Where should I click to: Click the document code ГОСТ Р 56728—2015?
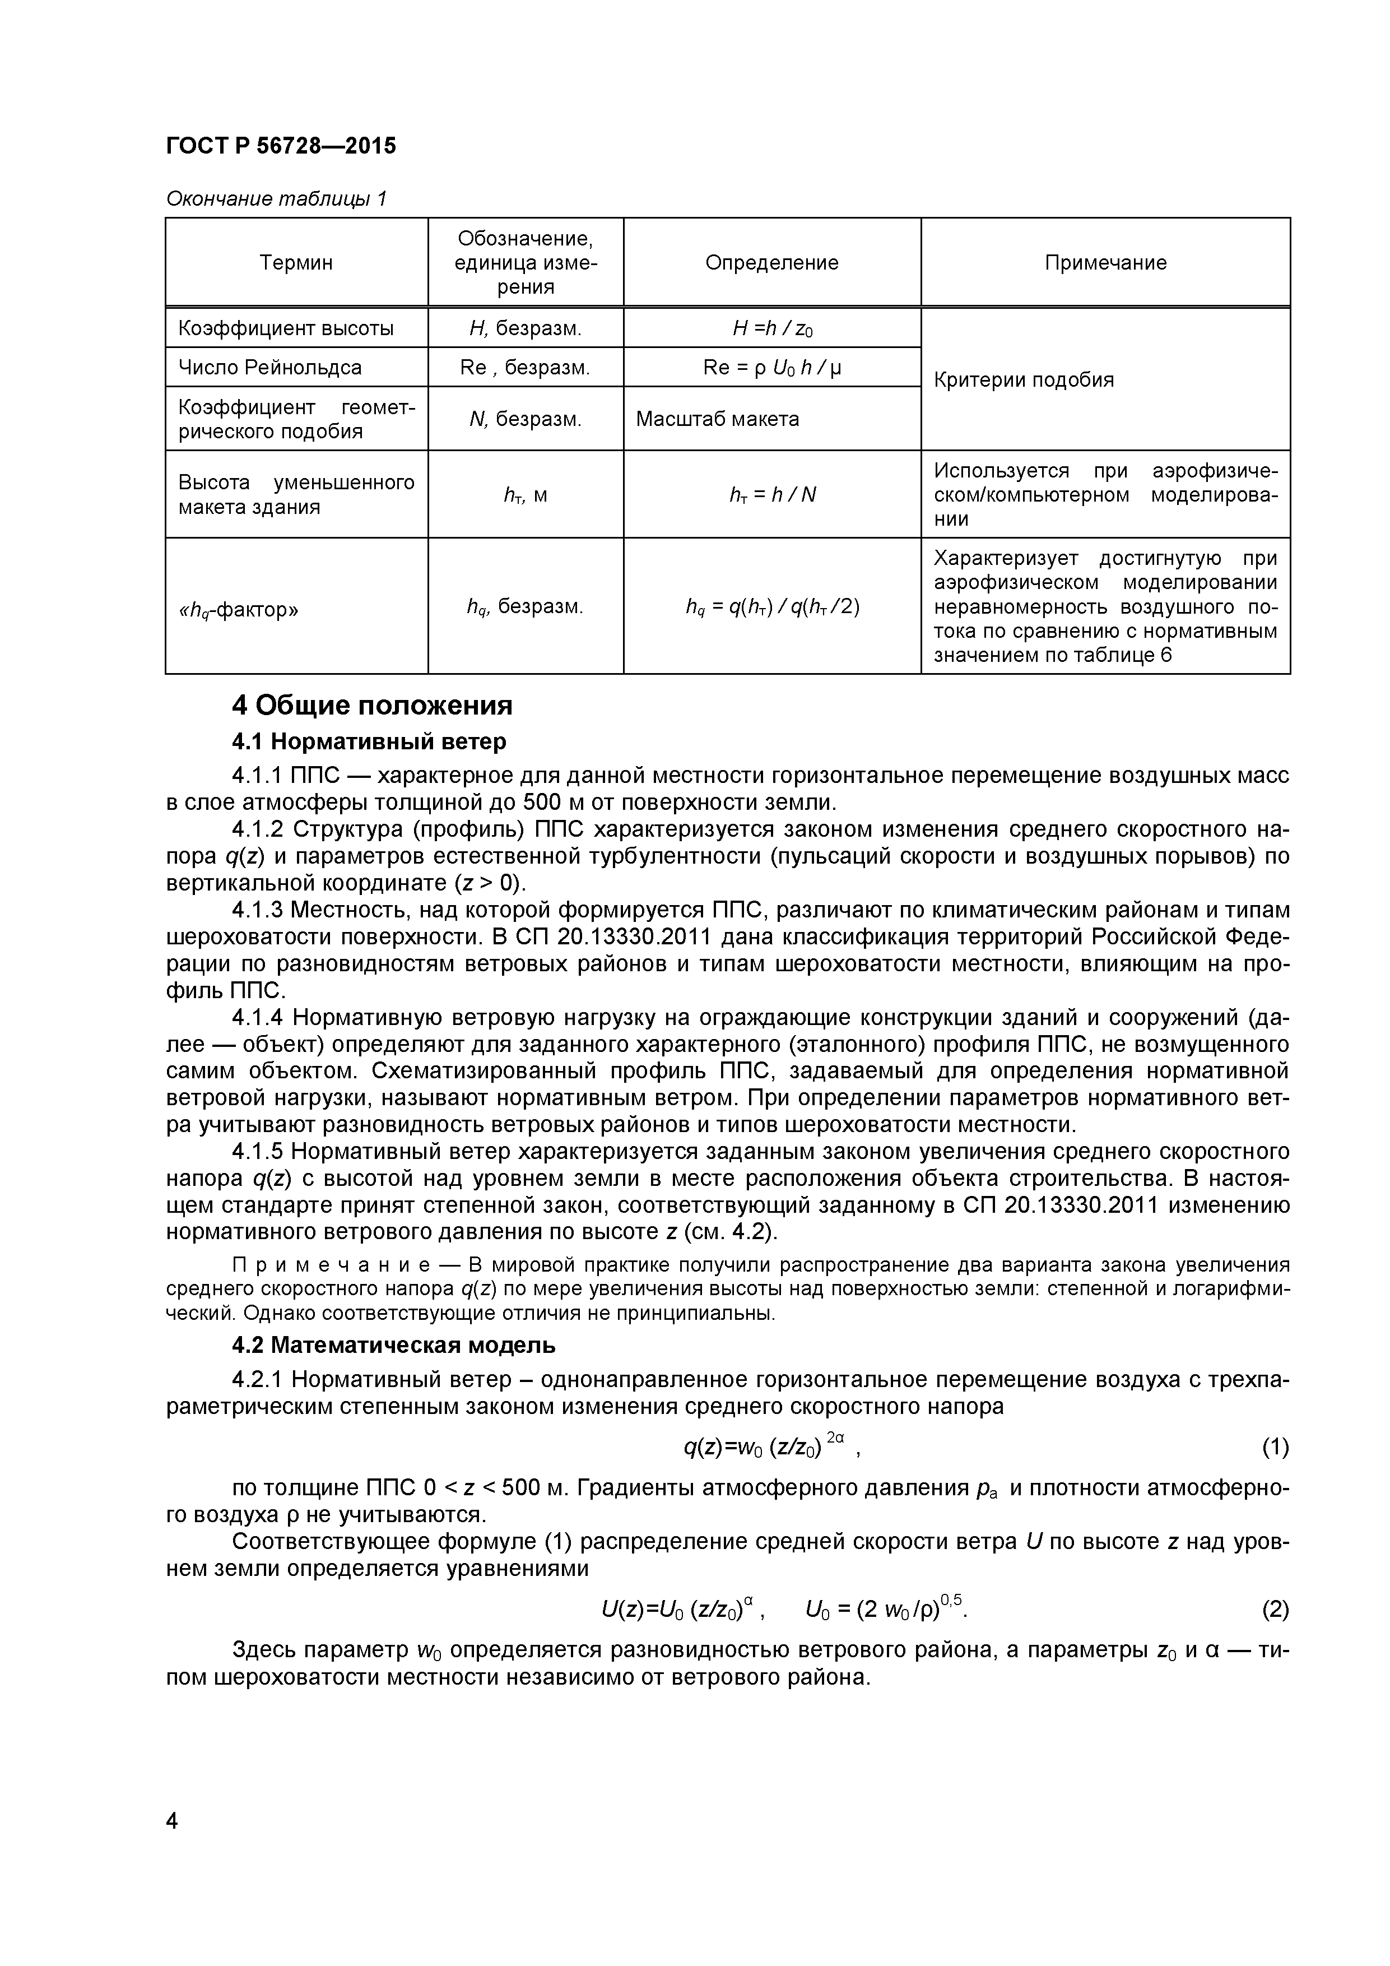click(281, 146)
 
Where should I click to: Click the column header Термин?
click(296, 263)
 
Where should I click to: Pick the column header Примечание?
click(1105, 263)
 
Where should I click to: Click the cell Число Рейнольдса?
click(269, 367)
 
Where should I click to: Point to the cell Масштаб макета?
click(717, 419)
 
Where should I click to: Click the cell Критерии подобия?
click(1024, 379)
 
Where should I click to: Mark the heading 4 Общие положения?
click(373, 706)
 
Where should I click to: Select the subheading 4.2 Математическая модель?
click(394, 1345)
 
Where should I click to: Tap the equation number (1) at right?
click(1275, 1447)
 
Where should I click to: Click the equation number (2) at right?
click(1275, 1610)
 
